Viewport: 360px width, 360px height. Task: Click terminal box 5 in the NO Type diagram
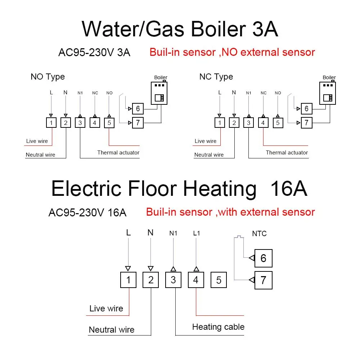tap(109, 123)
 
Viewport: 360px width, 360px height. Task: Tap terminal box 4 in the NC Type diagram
tap(263, 123)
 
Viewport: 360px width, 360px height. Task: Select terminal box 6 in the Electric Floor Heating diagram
tap(264, 258)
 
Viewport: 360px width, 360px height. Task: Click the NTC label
tap(259, 234)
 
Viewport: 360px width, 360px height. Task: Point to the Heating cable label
tap(218, 327)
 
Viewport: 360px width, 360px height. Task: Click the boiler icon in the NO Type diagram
tap(159, 92)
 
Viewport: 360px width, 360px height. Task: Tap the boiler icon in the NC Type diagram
tap(328, 92)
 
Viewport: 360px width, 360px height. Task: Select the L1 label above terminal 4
tap(197, 233)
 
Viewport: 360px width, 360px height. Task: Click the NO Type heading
tap(48, 77)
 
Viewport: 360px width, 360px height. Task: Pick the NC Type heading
tap(216, 77)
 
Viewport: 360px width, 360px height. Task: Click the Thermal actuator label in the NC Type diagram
tap(287, 153)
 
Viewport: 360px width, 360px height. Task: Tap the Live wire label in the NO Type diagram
tap(37, 141)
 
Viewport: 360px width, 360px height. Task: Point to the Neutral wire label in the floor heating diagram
tap(112, 330)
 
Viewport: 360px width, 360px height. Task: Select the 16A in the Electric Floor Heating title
tap(289, 189)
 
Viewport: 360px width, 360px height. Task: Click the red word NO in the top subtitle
tap(229, 52)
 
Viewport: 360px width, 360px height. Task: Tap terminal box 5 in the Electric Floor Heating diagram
tap(219, 280)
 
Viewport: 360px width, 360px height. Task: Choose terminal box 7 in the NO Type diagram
tap(138, 123)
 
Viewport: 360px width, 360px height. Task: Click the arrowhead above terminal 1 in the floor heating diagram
tap(128, 269)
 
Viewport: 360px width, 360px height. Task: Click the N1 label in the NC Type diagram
tap(248, 93)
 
